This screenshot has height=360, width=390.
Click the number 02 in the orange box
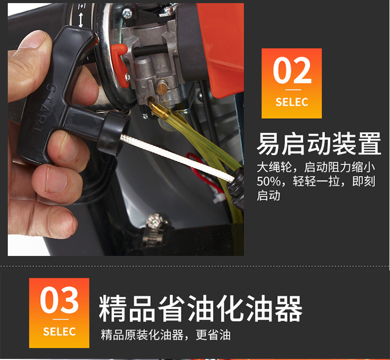[x=292, y=70]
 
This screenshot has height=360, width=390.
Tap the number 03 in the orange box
[x=59, y=300]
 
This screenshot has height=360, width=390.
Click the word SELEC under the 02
[x=292, y=102]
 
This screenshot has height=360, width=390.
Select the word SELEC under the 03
[x=59, y=331]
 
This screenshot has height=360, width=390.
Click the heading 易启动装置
[x=319, y=144]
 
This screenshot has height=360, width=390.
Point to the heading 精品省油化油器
[x=201, y=308]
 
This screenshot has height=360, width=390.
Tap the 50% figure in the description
[x=269, y=182]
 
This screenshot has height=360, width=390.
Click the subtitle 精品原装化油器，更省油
[x=166, y=335]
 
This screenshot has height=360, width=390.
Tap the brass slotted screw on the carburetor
[x=162, y=88]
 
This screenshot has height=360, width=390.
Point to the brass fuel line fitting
[x=159, y=110]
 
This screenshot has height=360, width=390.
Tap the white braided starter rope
[x=177, y=157]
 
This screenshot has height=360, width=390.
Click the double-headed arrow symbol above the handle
[x=81, y=20]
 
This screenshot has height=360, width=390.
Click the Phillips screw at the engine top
[x=127, y=14]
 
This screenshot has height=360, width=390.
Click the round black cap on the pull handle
[x=113, y=134]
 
